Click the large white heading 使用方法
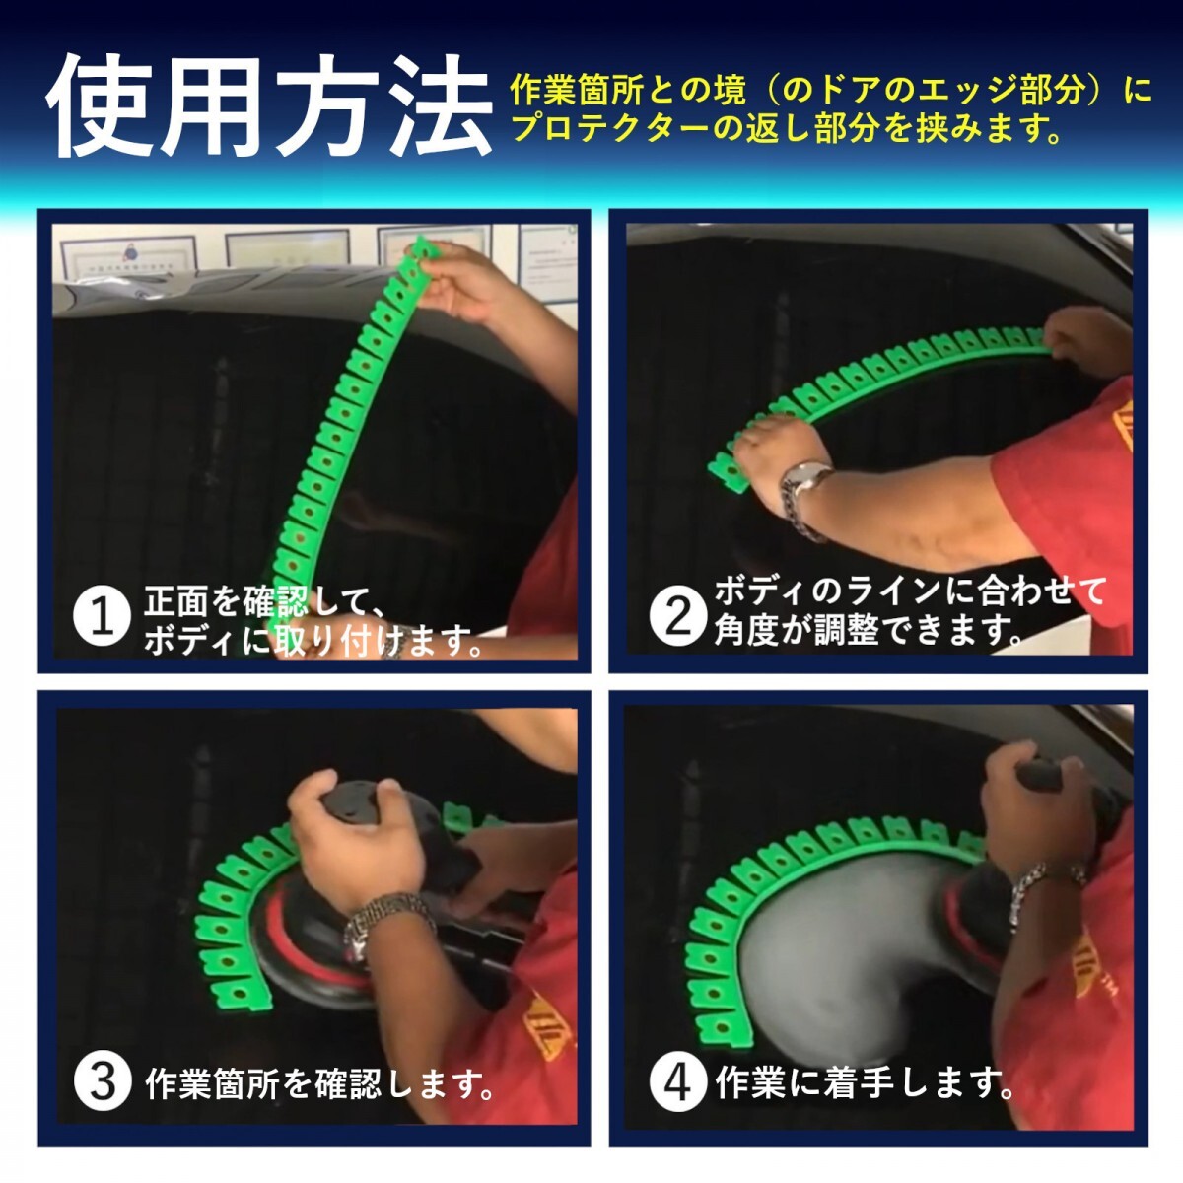tap(269, 106)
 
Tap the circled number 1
tap(102, 617)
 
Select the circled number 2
tap(678, 617)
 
